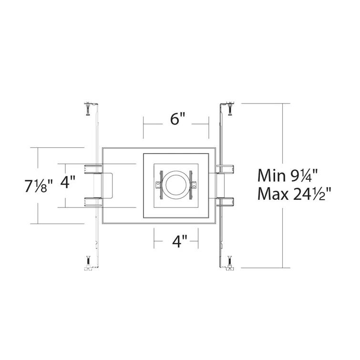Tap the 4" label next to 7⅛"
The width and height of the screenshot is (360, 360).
tap(69, 183)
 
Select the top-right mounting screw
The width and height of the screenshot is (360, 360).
tap(230, 109)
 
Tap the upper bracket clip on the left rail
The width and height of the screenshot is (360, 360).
tap(93, 168)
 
